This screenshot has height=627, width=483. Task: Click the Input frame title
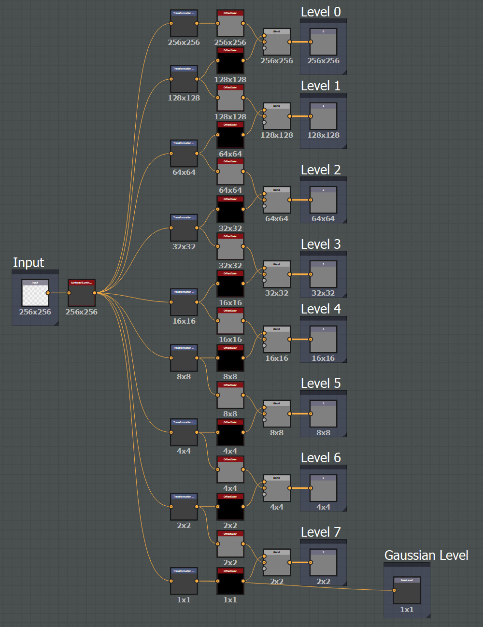(28, 263)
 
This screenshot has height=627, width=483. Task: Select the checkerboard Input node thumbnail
(35, 293)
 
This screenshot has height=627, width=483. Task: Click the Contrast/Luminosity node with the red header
(82, 293)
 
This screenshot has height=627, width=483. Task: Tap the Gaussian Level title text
(426, 556)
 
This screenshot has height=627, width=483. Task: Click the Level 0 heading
(321, 12)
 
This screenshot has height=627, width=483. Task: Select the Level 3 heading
(321, 244)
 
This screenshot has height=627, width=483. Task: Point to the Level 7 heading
(321, 532)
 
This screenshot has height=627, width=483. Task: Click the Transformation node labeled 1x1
(184, 581)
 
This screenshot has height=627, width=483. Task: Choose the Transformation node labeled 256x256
(184, 23)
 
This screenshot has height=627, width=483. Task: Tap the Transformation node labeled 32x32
(184, 228)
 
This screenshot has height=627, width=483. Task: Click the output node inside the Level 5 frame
(323, 414)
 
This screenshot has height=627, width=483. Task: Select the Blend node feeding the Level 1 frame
(277, 116)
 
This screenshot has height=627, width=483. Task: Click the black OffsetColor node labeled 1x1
(230, 581)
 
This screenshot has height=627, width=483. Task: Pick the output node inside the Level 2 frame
(323, 200)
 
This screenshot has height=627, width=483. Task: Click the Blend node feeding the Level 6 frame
(277, 488)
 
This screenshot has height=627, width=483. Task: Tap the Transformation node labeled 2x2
(184, 507)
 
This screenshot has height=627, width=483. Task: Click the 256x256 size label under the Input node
(35, 312)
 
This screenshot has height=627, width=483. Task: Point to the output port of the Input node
(48, 293)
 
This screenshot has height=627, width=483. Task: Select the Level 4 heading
(321, 309)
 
